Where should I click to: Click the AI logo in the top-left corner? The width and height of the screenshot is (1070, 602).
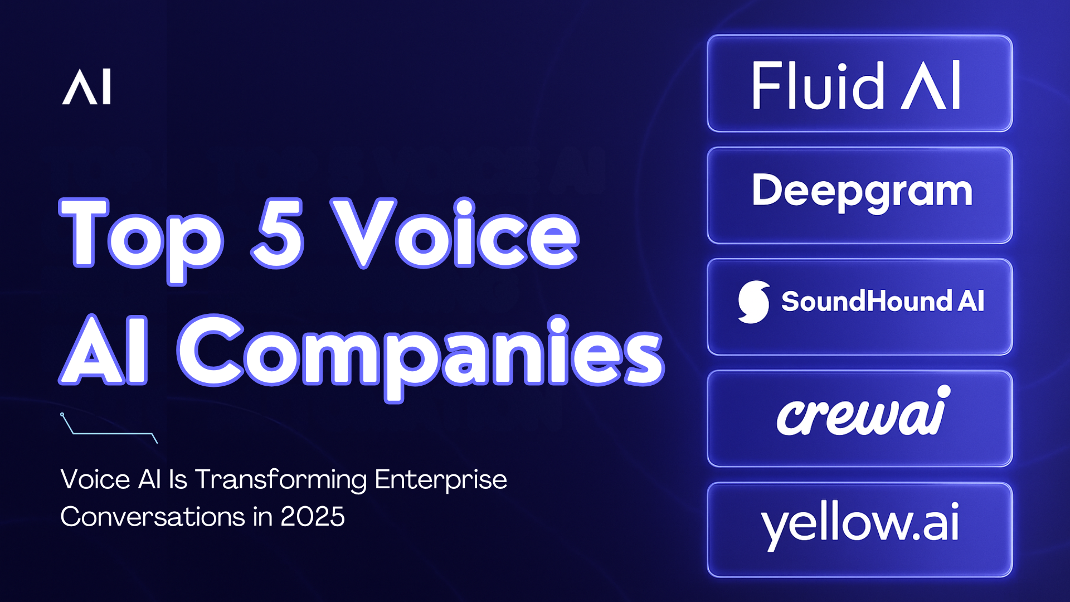86,87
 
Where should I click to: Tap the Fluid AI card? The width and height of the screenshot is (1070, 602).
859,84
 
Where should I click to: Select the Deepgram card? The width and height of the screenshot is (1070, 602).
859,195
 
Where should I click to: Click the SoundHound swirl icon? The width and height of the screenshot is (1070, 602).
753,302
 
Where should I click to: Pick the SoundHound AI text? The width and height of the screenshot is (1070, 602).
882,302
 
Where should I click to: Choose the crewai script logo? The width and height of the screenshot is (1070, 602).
861,414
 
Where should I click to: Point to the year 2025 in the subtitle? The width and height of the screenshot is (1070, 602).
313,517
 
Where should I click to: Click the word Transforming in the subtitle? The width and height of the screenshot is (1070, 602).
281,480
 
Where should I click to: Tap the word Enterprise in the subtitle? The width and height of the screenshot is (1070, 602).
440,480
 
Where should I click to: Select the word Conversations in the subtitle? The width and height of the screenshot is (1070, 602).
152,517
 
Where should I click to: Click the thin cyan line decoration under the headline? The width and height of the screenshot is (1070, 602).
111,433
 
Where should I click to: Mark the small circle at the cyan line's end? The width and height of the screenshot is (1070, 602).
62,414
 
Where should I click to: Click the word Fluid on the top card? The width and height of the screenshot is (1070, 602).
817,86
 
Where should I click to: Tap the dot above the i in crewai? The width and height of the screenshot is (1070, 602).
943,391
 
